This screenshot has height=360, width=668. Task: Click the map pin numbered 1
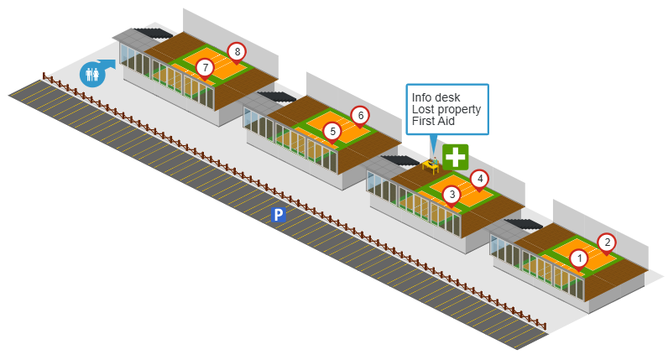pyautogui.click(x=577, y=258)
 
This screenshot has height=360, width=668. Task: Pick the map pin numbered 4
pyautogui.click(x=479, y=179)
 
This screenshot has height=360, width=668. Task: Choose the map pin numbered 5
pyautogui.click(x=332, y=132)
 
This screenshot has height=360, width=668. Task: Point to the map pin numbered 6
pyautogui.click(x=359, y=115)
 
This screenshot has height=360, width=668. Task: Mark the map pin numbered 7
pyautogui.click(x=204, y=67)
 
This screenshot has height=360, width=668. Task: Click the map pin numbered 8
pyautogui.click(x=237, y=52)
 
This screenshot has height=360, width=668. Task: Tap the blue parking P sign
pyautogui.click(x=279, y=216)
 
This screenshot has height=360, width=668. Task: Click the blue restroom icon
pyautogui.click(x=91, y=74)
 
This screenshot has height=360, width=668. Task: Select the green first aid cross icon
pyautogui.click(x=456, y=156)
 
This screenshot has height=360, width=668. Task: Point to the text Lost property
pyautogui.click(x=446, y=109)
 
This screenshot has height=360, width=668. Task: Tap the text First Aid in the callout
pyautogui.click(x=432, y=122)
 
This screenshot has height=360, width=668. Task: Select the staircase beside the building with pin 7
pyautogui.click(x=151, y=34)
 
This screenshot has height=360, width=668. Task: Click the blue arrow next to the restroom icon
pyautogui.click(x=108, y=64)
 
